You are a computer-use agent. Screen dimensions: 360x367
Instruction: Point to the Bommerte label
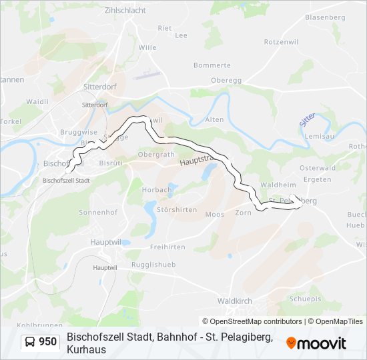pyautogui.click(x=212, y=65)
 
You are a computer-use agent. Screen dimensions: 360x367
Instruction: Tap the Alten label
pyautogui.click(x=214, y=119)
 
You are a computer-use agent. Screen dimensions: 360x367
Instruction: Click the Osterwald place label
pyautogui.click(x=317, y=168)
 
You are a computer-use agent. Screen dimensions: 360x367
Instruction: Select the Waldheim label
pyautogui.click(x=277, y=184)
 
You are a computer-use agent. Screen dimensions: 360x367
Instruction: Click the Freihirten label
pyautogui.click(x=167, y=247)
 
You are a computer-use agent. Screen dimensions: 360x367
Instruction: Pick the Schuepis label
pyautogui.click(x=305, y=299)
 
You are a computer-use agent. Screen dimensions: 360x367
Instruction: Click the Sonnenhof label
pyautogui.click(x=98, y=212)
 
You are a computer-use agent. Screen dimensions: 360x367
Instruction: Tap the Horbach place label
pyautogui.click(x=157, y=189)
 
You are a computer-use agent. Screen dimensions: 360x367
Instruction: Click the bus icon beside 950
pyautogui.click(x=30, y=342)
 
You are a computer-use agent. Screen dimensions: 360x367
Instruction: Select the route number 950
pyautogui.click(x=48, y=342)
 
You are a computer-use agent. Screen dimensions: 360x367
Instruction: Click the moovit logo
pyautogui.click(x=316, y=343)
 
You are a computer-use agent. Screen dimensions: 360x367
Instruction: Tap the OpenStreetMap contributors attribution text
pyautogui.click(x=252, y=321)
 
